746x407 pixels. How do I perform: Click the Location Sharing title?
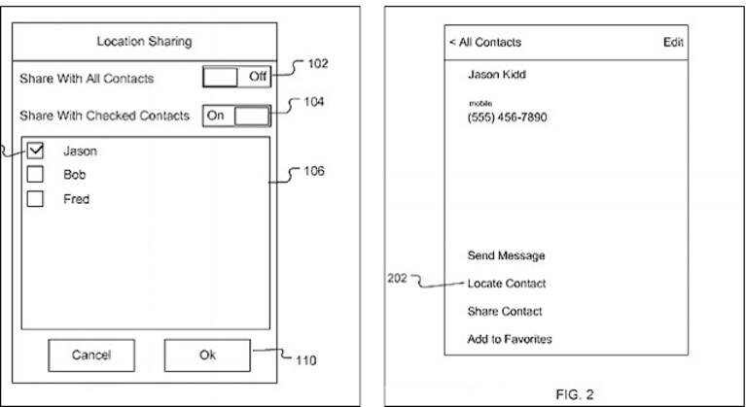(x=144, y=42)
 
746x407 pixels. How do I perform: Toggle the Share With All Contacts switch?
(x=236, y=77)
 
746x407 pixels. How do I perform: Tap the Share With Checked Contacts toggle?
(x=236, y=116)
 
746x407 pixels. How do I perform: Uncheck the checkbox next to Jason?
(x=35, y=151)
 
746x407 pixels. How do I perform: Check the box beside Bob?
(x=35, y=174)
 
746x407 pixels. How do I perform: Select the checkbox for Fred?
(x=35, y=198)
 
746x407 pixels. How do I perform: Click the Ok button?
(x=207, y=355)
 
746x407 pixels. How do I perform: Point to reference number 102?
(x=318, y=64)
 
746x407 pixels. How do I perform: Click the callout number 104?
(x=313, y=102)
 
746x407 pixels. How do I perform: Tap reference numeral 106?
(x=314, y=171)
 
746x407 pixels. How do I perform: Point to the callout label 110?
(x=306, y=361)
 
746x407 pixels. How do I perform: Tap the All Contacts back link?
(x=484, y=43)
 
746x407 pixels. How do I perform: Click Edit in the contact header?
(x=673, y=43)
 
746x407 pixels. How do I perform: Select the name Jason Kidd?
(x=497, y=75)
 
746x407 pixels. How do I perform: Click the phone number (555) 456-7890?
(x=507, y=118)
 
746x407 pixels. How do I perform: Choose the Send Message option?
(x=506, y=255)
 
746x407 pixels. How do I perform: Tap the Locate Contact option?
(x=507, y=284)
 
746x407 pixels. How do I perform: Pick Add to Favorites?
(x=510, y=339)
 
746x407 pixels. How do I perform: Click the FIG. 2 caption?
(x=575, y=394)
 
